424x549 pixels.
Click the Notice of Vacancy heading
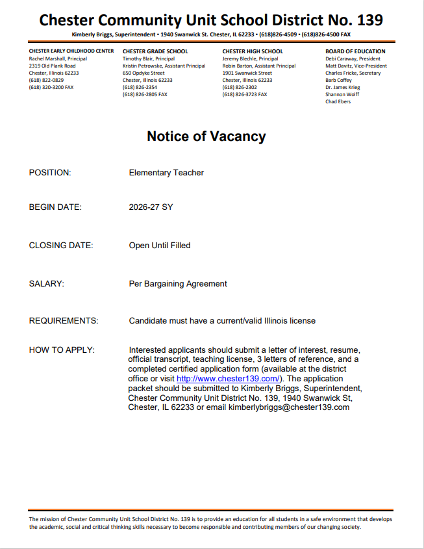click(206, 136)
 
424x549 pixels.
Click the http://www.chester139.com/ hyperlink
click(228, 379)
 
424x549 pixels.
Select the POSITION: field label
click(50, 173)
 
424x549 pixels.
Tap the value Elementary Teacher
click(166, 173)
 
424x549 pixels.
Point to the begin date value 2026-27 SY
click(151, 208)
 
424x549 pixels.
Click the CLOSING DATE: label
click(61, 246)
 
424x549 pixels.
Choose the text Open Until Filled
click(160, 246)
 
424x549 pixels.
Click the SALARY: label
click(47, 284)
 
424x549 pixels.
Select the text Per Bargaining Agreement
click(178, 284)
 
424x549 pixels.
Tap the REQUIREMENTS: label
click(64, 321)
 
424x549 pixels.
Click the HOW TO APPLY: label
click(62, 350)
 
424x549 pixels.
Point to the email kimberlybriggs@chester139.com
click(289, 407)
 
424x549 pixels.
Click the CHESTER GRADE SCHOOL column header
click(155, 51)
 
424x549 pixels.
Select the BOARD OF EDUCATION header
click(355, 51)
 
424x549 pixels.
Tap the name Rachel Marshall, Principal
click(58, 58)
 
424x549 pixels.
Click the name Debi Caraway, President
click(353, 58)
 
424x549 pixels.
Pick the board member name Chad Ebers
click(338, 101)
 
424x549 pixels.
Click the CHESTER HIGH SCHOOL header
click(253, 51)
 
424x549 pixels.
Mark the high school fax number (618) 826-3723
click(244, 94)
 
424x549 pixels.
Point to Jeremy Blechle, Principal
click(250, 58)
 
